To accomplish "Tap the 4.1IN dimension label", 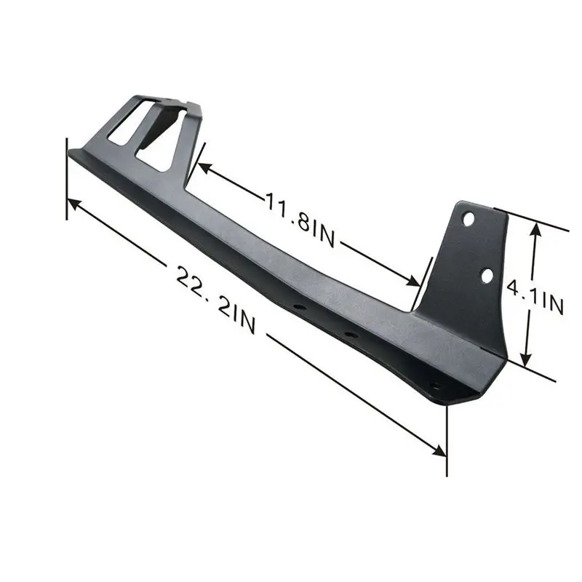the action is pyautogui.click(x=535, y=298).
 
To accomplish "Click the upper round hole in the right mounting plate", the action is pyautogui.click(x=469, y=219).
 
